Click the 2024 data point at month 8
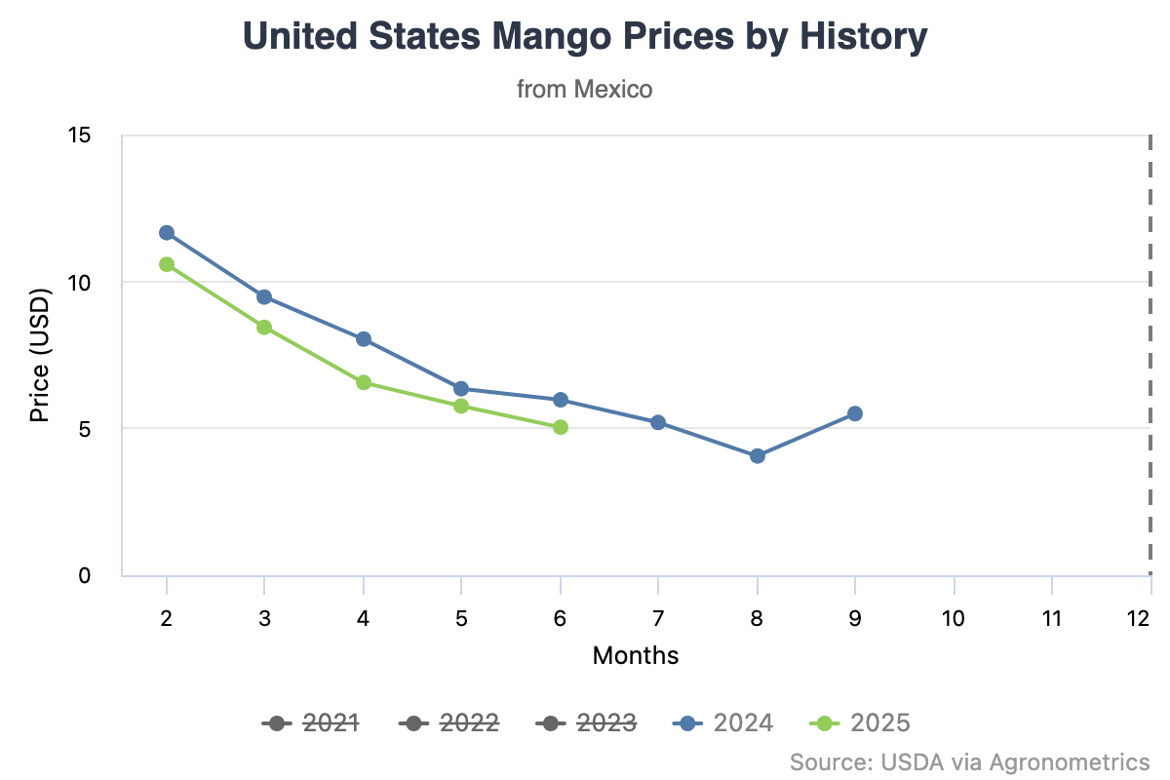click(x=757, y=455)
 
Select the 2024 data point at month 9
click(x=855, y=413)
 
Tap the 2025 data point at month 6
click(x=560, y=427)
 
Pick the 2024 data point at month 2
click(x=167, y=232)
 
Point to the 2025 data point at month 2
click(x=167, y=264)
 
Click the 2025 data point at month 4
click(x=364, y=382)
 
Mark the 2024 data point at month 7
click(x=658, y=422)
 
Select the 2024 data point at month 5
click(x=461, y=389)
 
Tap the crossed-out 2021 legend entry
click(x=311, y=722)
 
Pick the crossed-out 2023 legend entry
click(x=586, y=722)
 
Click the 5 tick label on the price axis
click(x=85, y=428)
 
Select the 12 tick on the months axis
click(x=1137, y=618)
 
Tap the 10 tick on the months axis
click(x=954, y=618)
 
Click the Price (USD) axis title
click(x=39, y=355)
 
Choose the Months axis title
click(x=636, y=654)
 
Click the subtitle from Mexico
click(x=584, y=90)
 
